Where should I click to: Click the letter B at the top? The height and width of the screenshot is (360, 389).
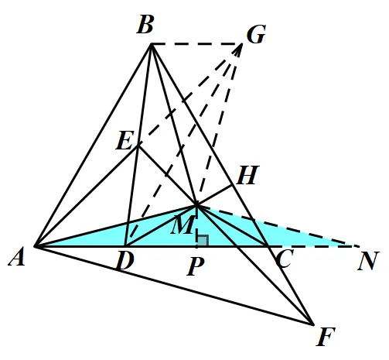(x=145, y=25)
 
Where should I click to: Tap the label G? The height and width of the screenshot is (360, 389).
(x=256, y=34)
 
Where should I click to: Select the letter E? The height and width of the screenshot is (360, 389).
(x=125, y=140)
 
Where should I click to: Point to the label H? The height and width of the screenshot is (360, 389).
(x=247, y=175)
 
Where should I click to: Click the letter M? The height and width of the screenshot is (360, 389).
(x=183, y=225)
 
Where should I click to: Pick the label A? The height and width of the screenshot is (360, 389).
(x=17, y=256)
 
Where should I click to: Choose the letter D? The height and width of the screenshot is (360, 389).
(x=125, y=260)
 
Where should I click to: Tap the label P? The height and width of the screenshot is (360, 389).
(x=196, y=266)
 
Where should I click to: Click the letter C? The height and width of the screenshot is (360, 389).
(x=285, y=259)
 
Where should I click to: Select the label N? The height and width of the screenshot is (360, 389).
(x=368, y=261)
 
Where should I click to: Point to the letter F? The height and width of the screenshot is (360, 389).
(x=326, y=336)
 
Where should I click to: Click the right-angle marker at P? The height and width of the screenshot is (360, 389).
(x=203, y=241)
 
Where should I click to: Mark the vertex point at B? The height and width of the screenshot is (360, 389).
(x=152, y=44)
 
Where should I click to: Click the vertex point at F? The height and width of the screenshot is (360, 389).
(x=312, y=324)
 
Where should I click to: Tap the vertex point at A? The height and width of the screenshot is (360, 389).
(x=36, y=246)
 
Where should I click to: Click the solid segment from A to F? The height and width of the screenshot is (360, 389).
(x=174, y=285)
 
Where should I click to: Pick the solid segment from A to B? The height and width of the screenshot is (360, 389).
(x=94, y=146)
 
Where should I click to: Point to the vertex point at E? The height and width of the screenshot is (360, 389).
(x=138, y=146)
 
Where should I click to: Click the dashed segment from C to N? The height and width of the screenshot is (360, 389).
(x=312, y=247)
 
